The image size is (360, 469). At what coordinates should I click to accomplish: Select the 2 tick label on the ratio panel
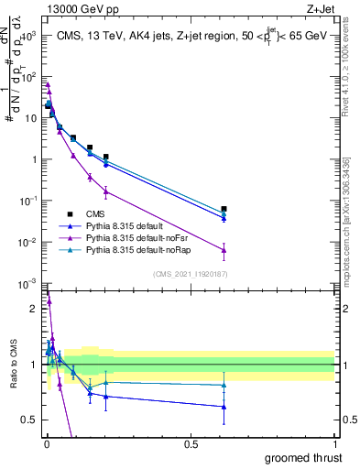pyautogui.click(x=32, y=309)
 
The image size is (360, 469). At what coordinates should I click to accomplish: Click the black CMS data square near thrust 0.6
pyautogui.click(x=224, y=209)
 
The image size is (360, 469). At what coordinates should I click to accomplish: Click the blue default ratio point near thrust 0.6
pyautogui.click(x=224, y=407)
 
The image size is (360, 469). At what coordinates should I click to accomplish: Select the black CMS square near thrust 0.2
pyautogui.click(x=106, y=157)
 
